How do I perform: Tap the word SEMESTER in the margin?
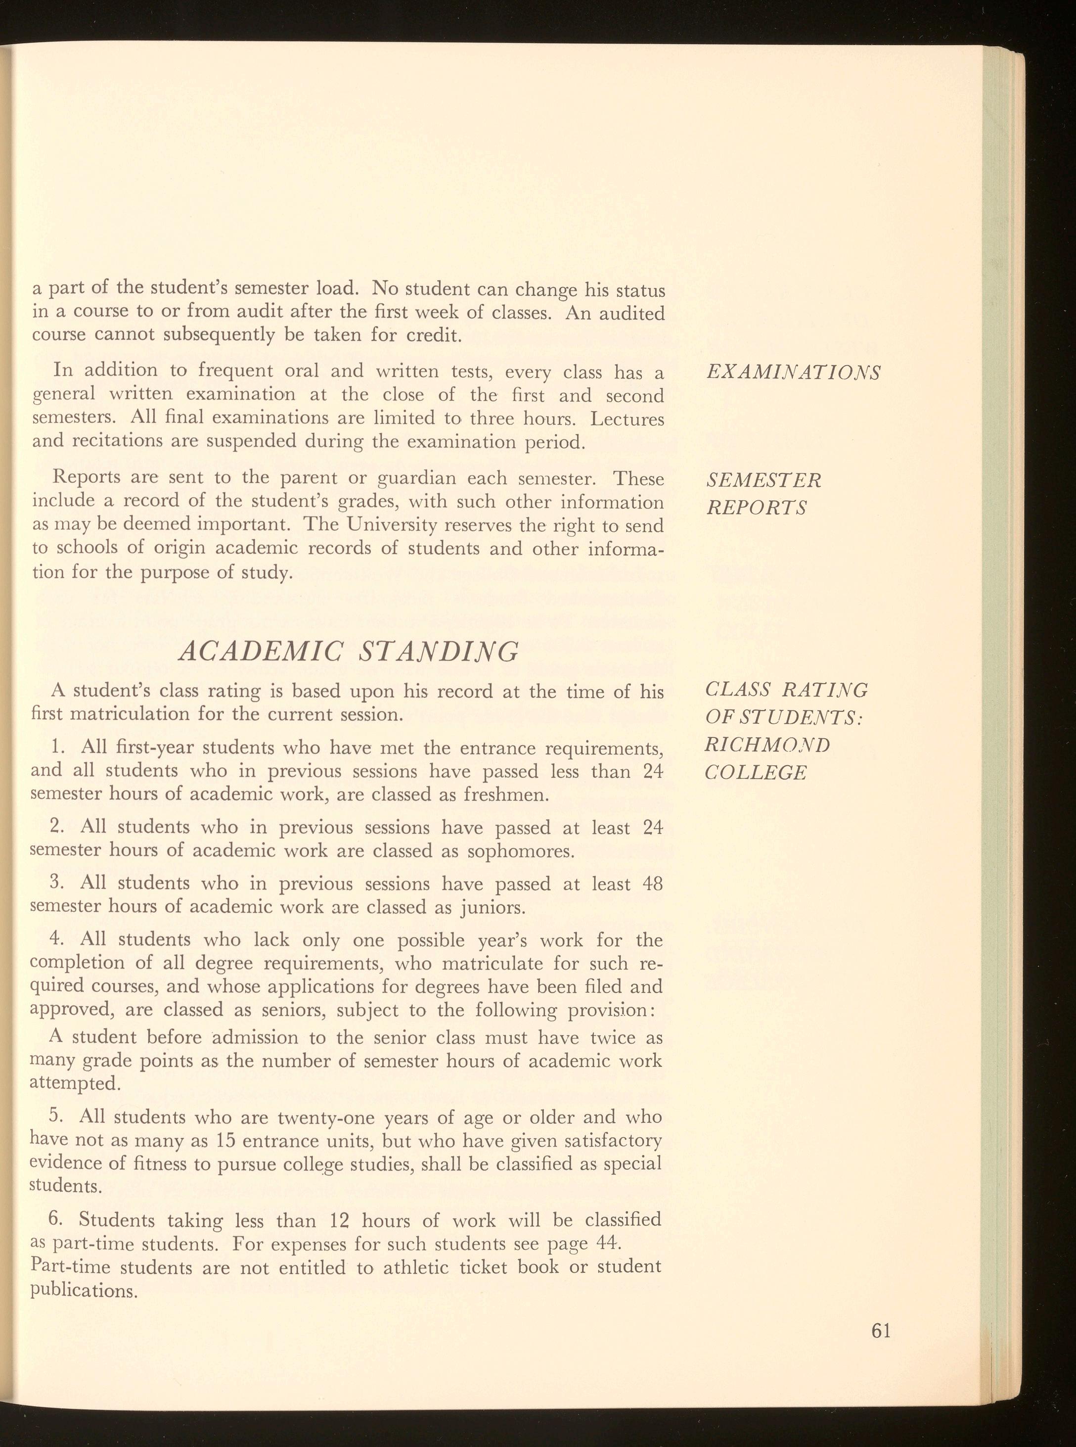764,480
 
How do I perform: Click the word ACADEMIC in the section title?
259,651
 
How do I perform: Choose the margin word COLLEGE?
756,773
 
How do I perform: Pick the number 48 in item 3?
652,884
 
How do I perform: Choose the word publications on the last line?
84,1291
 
